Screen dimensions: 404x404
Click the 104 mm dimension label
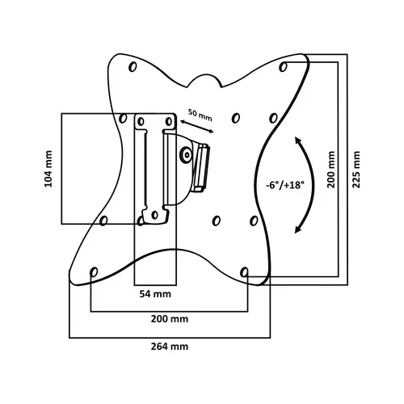click(x=48, y=169)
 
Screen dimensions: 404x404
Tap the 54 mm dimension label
click(x=155, y=294)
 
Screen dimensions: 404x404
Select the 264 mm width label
click(x=170, y=346)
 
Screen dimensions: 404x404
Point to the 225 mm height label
click(x=356, y=170)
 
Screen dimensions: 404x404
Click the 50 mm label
click(x=200, y=115)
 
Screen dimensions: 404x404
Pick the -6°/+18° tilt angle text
click(x=285, y=185)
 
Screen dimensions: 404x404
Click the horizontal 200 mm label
click(x=170, y=319)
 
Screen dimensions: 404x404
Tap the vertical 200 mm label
click(x=331, y=170)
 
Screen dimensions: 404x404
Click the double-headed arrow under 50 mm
click(x=196, y=127)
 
